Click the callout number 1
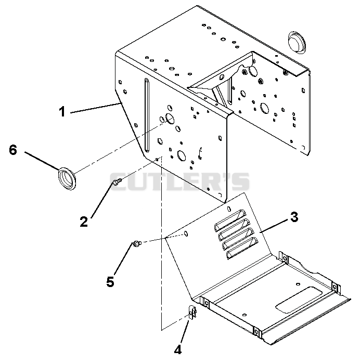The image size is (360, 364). (x=62, y=112)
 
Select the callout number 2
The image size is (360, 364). (x=84, y=222)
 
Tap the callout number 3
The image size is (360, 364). (x=294, y=217)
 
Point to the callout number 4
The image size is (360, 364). (x=178, y=349)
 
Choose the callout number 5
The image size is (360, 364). (x=110, y=282)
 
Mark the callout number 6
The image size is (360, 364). (x=13, y=150)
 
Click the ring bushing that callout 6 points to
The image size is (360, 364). (x=67, y=178)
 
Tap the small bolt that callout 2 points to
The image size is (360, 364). (x=117, y=182)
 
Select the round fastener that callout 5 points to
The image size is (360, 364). (x=137, y=244)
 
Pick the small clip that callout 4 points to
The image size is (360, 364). (x=193, y=313)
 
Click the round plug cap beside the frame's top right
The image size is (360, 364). (x=297, y=43)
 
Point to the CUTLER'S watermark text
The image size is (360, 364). (x=179, y=181)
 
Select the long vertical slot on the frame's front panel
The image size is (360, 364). (x=147, y=115)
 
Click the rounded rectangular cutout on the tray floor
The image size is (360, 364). (x=299, y=300)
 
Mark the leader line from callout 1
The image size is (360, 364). (x=96, y=108)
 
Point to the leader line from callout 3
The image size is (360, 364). (x=275, y=226)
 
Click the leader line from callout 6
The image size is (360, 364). (x=42, y=161)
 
